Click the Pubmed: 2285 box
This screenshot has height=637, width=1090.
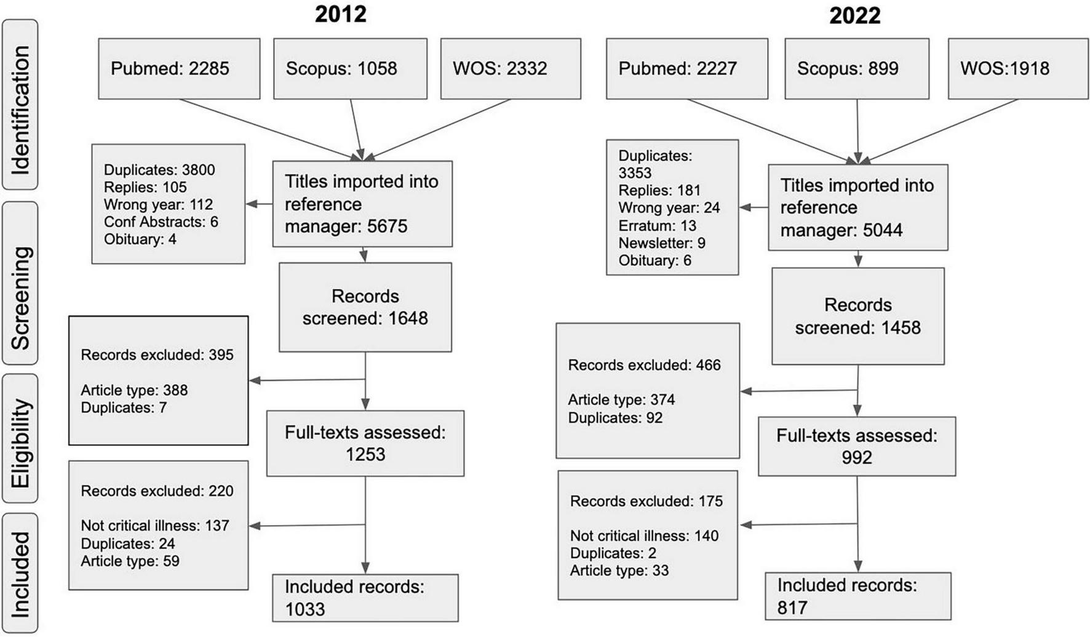179,68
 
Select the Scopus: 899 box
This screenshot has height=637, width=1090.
857,68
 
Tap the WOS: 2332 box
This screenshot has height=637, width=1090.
511,68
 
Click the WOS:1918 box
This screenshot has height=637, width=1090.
1018,68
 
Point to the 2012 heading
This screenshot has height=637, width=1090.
340,14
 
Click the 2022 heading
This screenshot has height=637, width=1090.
854,15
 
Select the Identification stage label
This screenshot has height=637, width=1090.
20,105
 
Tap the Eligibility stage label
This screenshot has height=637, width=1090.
20,438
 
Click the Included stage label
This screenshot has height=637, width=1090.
20,573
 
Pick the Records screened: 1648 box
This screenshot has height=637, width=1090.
365,307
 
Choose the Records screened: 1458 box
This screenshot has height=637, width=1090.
857,316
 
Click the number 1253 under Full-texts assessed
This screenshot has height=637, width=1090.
365,454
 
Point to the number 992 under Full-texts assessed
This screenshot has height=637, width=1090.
856,457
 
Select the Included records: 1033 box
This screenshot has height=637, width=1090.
365,598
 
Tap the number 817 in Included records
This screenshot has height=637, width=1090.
792,607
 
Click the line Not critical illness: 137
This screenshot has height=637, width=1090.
154,526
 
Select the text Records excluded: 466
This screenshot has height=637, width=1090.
644,365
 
